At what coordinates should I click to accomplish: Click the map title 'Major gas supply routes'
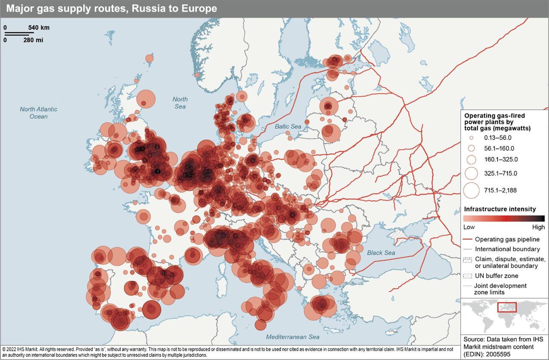click(112, 9)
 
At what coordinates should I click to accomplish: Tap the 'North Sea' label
click(180, 103)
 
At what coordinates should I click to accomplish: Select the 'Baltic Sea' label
click(288, 126)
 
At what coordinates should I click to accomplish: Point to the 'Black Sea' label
click(381, 253)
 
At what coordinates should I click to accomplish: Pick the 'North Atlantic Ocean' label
click(39, 113)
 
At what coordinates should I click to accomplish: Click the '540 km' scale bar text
click(39, 28)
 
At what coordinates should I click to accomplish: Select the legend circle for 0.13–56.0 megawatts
click(471, 138)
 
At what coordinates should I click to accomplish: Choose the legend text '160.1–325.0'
click(501, 159)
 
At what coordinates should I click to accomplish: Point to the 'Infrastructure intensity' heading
click(500, 209)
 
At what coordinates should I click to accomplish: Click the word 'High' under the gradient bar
click(538, 227)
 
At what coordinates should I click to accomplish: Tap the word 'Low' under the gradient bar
click(470, 227)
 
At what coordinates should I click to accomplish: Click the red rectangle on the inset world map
click(507, 307)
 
